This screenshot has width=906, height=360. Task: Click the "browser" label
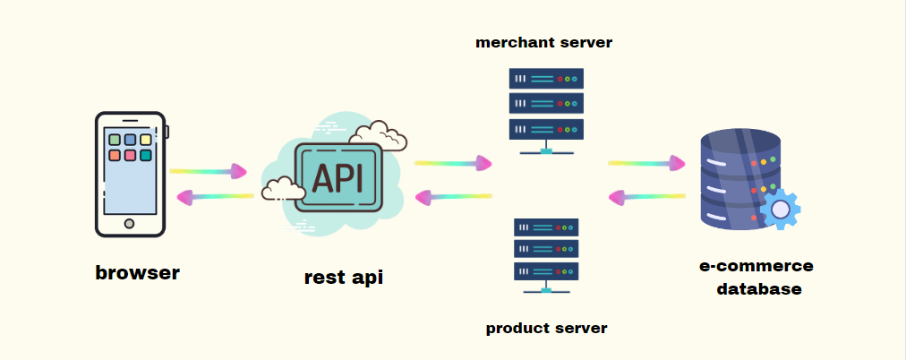pos(138,272)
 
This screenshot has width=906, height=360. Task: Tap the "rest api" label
pos(344,278)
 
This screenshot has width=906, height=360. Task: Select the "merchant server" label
pos(543,42)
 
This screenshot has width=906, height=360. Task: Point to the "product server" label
pos(547,329)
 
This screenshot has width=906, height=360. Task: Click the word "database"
pos(759,288)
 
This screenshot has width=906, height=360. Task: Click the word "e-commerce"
pos(756,266)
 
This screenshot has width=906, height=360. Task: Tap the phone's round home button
pos(130,224)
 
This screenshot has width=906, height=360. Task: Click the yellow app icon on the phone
pos(146,140)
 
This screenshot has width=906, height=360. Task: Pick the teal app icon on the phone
pos(146,156)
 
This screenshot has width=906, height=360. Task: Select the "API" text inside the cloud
pos(338,177)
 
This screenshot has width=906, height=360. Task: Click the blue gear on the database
pos(780,209)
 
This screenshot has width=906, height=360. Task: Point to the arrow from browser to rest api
pos(209,171)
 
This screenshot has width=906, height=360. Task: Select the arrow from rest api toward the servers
pos(453,164)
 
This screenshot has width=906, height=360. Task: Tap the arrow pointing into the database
pos(646,164)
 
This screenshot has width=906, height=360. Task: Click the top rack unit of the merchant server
pos(546,79)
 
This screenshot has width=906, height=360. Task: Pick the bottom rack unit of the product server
pos(546,271)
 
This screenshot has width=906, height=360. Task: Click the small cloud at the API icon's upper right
pos(379,135)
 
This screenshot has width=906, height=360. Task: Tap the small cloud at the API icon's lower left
pos(283,188)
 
